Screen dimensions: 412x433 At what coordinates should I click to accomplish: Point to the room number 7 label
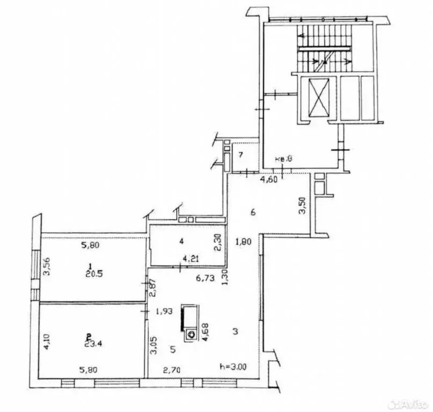coord(241,156)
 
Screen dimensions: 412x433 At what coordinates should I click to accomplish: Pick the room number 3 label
coord(235,332)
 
